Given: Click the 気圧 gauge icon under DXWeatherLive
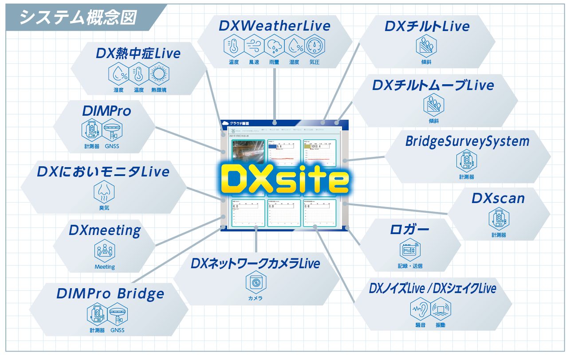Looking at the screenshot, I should [x=314, y=46].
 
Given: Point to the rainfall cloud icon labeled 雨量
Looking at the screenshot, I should [x=275, y=46].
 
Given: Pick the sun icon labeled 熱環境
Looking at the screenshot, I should [x=159, y=74].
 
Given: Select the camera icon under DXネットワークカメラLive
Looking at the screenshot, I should [x=255, y=282].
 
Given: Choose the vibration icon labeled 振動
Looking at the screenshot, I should [x=440, y=309].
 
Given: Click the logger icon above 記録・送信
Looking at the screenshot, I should [x=410, y=250].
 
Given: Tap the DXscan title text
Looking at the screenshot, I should [x=498, y=198].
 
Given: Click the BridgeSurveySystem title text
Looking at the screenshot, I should [x=467, y=141].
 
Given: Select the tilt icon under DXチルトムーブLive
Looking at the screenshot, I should [x=433, y=105].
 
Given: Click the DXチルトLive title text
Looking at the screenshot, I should [x=427, y=26].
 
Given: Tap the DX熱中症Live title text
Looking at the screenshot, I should [x=138, y=54].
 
